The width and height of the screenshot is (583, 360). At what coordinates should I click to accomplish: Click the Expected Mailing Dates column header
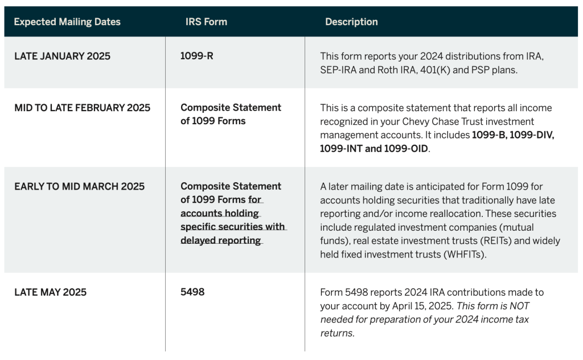coord(67,22)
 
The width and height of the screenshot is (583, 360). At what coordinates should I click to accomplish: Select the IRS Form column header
coord(206,22)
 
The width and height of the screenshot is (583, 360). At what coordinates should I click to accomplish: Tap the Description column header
coord(351,22)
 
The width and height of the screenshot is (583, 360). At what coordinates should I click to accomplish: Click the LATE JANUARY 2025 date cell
coord(63,56)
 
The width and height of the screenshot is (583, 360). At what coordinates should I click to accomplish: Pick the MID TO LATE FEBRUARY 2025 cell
coord(83,108)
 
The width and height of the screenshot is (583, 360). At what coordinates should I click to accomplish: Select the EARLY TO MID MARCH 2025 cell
coord(80,186)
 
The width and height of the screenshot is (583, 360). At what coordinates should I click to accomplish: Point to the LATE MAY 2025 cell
coord(51,292)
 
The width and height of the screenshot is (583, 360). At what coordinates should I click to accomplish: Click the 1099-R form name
coord(196,56)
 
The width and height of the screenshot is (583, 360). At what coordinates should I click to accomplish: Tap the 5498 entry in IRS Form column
coord(192,292)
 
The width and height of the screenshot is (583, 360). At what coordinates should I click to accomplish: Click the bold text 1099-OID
coord(406,149)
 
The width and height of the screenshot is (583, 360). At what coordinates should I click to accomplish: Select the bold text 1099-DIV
coord(532,135)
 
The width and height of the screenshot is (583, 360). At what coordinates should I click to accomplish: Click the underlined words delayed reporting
coord(221,240)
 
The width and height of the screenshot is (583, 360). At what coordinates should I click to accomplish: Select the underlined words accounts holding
coord(220,214)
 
